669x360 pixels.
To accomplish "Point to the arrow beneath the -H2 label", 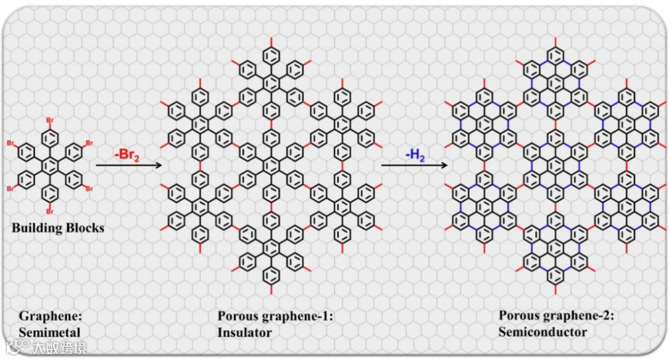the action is click(x=414, y=165).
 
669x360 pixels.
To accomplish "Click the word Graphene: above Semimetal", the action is click(x=50, y=315).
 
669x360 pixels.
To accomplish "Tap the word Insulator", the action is click(x=245, y=332).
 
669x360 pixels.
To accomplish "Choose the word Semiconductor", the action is click(x=543, y=332).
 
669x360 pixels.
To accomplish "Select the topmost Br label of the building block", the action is click(x=52, y=120).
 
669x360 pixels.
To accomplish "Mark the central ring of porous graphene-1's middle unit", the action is click(x=271, y=165).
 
